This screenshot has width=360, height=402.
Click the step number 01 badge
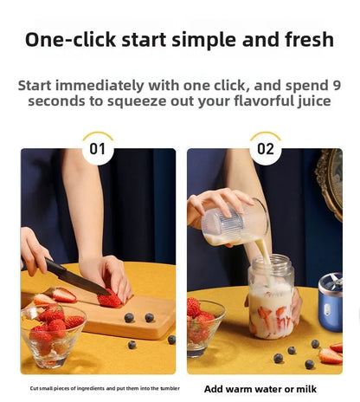point(98,149)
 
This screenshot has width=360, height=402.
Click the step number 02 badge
point(265,149)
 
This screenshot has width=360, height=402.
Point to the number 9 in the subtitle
point(336,86)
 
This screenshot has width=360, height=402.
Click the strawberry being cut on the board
point(110,300)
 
